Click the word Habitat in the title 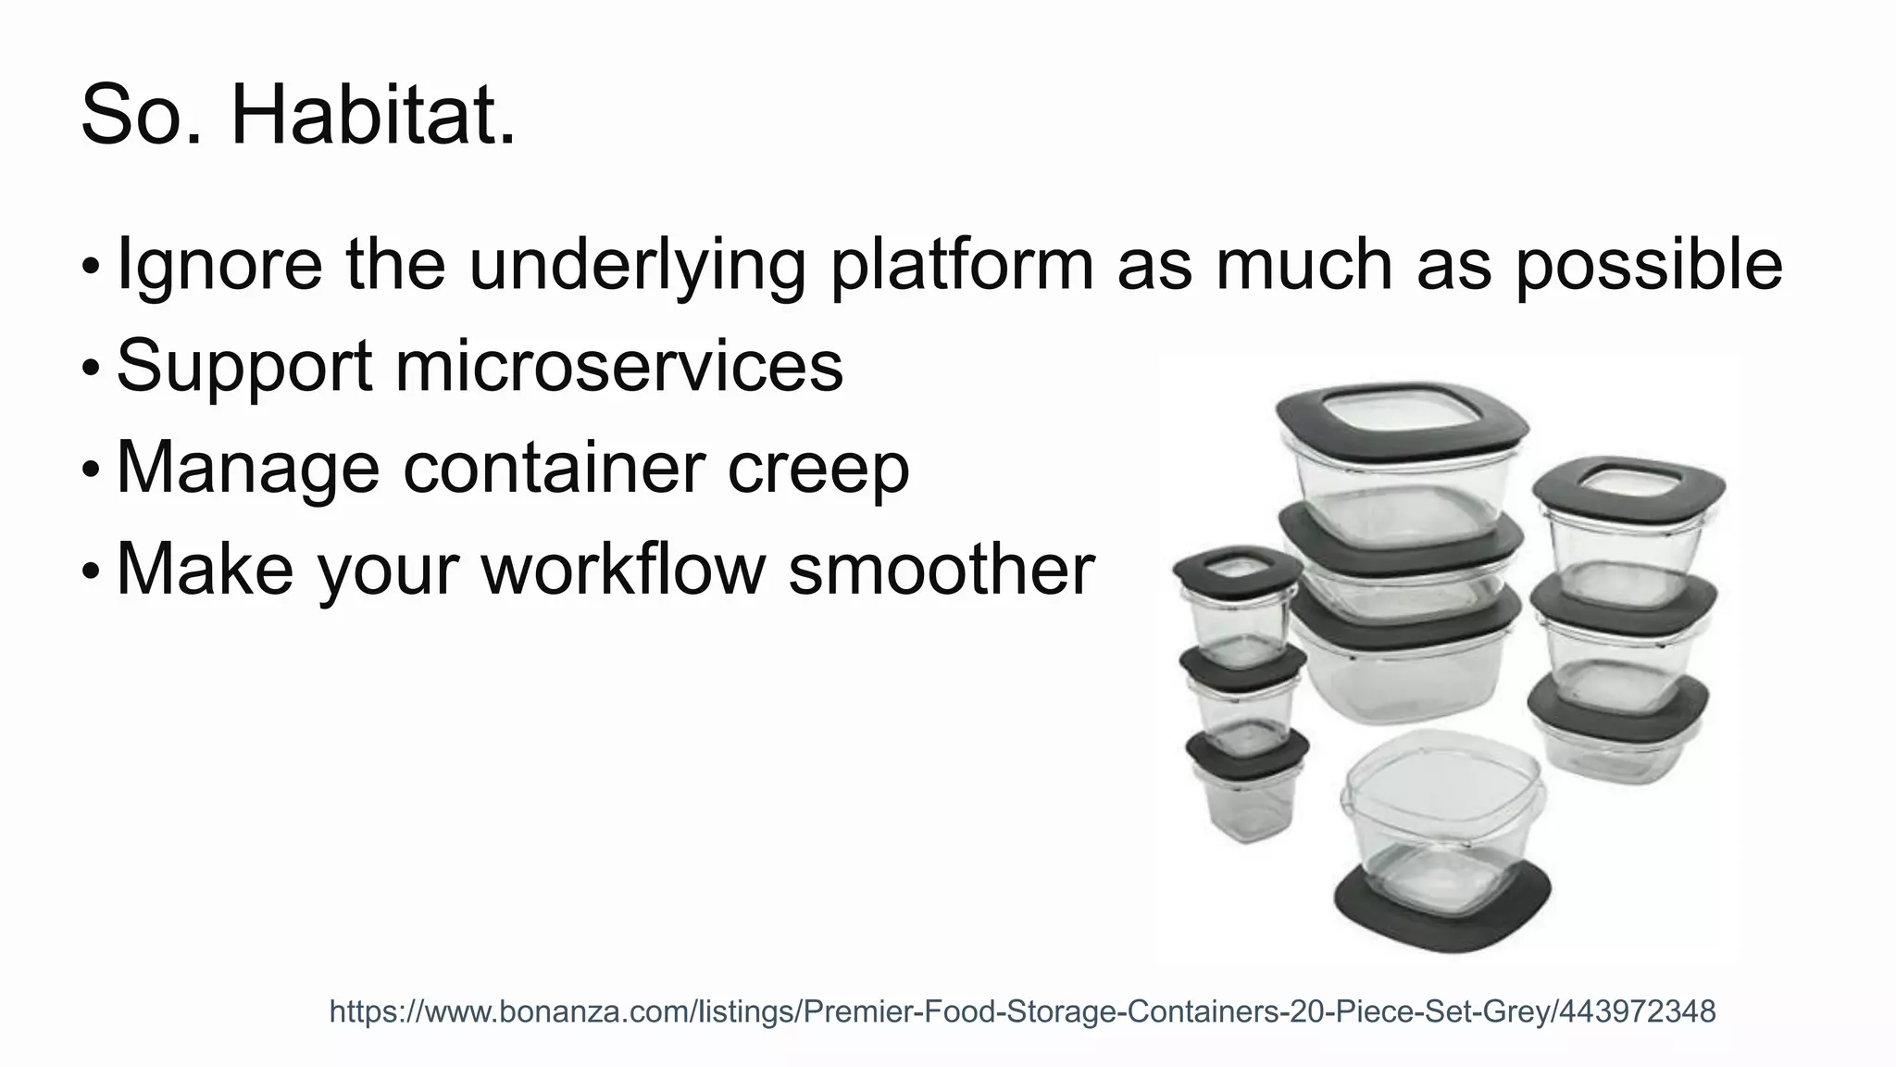point(372,116)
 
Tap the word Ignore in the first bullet point(219,265)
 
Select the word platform point(962,265)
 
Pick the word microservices point(619,366)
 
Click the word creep point(818,469)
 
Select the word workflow point(622,569)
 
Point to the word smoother point(942,569)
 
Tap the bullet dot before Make point(90,571)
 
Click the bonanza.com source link point(1022,1011)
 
